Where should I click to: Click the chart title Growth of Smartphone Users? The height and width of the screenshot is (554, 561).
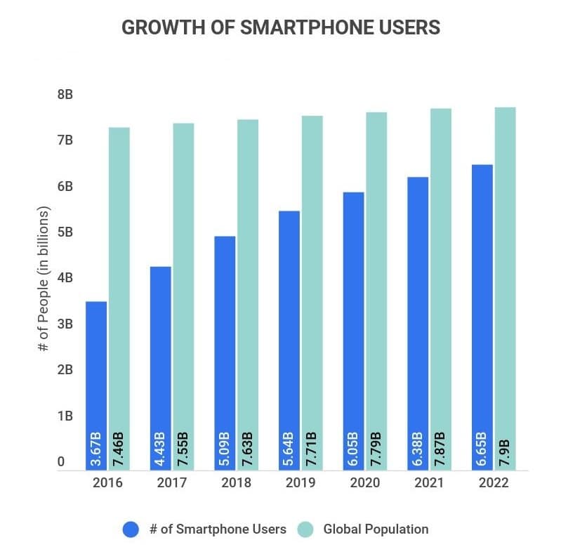pos(281,27)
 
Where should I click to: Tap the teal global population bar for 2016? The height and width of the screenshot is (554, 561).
pos(119,281)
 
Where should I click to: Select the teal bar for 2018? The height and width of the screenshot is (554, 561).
pos(248,281)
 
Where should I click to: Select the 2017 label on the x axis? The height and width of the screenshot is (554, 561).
pos(171,483)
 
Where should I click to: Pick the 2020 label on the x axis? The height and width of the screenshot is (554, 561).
pos(365,483)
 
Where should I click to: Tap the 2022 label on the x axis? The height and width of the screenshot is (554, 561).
pos(494,483)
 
